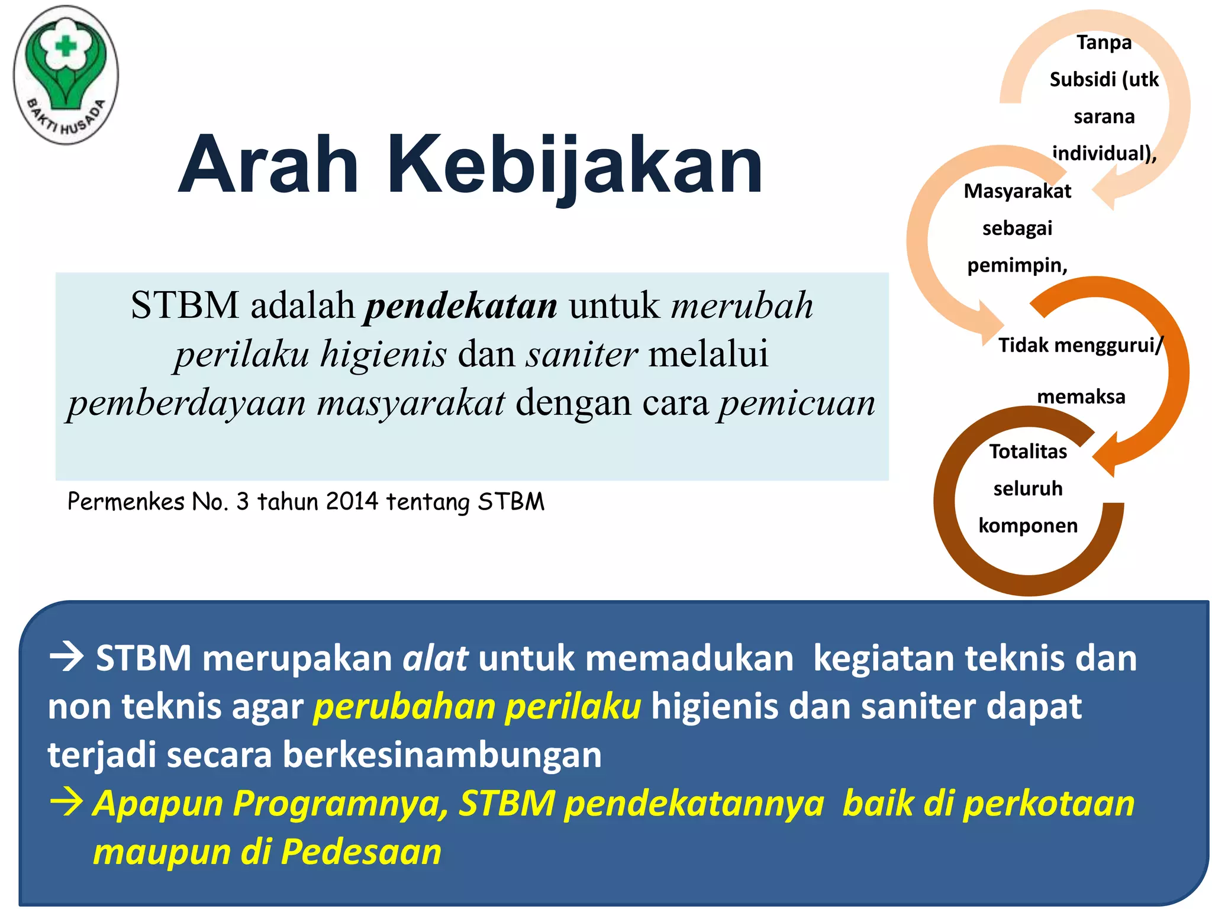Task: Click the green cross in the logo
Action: [66, 46]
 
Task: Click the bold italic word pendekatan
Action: [461, 306]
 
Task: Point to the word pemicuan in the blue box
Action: [797, 404]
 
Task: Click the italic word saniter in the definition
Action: [582, 354]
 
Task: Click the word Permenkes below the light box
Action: [126, 502]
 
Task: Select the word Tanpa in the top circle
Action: [1104, 43]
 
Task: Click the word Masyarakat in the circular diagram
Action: [1017, 191]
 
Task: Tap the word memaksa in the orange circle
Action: [1081, 397]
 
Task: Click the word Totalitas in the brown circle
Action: [1028, 452]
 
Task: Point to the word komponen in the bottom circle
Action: [1028, 526]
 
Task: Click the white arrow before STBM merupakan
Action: [66, 658]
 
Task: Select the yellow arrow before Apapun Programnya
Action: [66, 803]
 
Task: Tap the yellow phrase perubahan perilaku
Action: [477, 707]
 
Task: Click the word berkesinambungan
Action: [442, 756]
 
